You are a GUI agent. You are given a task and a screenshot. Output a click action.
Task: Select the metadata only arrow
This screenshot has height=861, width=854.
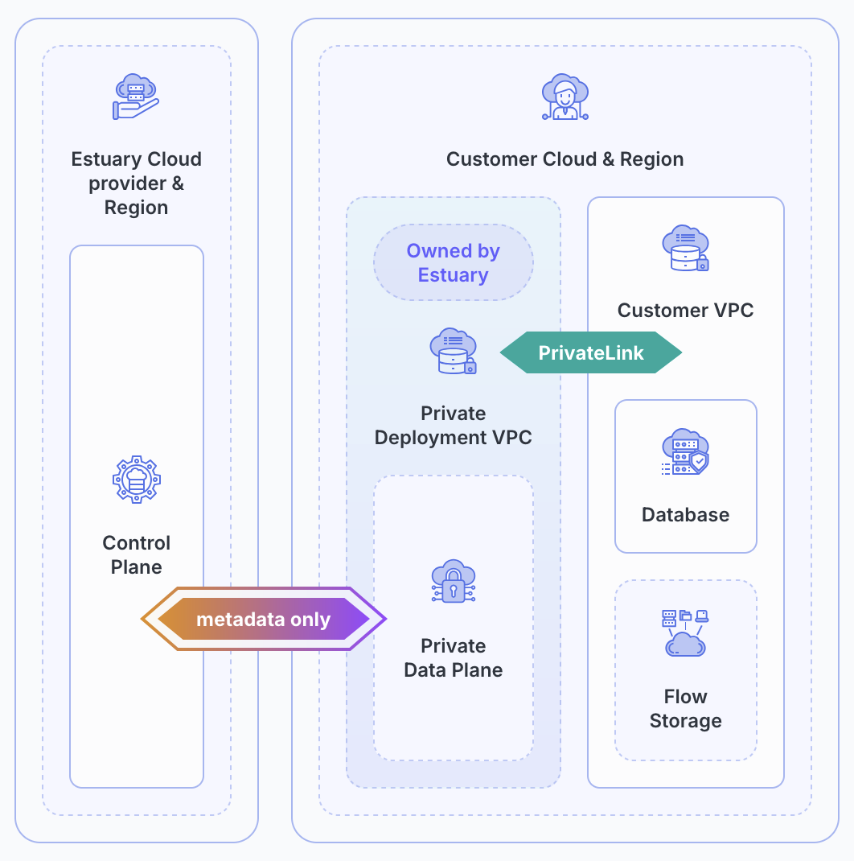264,619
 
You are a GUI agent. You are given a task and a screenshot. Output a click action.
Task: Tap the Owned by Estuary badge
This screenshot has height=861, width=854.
454,262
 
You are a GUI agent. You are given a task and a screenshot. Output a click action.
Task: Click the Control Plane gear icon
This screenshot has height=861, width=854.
136,480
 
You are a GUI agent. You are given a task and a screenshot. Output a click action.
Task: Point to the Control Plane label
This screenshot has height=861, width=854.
136,555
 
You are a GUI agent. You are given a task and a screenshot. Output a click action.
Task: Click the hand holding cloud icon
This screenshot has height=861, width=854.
135,97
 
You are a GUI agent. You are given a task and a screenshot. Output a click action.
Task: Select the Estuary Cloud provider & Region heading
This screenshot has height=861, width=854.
136,183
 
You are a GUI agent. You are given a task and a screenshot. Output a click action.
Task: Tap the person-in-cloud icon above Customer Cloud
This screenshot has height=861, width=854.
565,97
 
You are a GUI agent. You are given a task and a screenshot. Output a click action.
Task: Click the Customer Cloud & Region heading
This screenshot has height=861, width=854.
565,159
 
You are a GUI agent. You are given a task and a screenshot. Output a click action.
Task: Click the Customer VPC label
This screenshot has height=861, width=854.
685,311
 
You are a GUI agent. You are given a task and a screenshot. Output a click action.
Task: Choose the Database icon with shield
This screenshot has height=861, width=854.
685,452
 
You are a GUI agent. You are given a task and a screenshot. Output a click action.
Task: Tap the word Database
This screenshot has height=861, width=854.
685,515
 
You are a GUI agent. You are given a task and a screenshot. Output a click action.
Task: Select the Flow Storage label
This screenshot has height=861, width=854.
685,709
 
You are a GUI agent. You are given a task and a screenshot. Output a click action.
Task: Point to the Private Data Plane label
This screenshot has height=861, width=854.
454,658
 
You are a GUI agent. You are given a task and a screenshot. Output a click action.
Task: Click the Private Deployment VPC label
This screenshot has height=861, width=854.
454,426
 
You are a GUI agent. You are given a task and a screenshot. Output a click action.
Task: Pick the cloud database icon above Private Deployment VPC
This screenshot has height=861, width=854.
454,352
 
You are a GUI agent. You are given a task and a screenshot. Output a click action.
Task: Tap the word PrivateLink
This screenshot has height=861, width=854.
591,353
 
